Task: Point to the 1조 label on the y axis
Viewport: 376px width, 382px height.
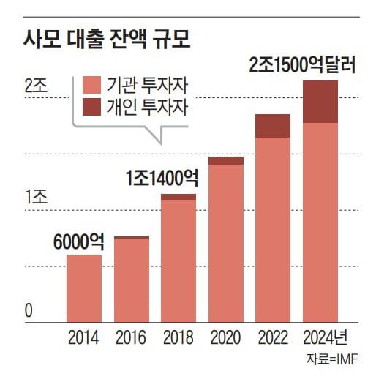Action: click(35, 196)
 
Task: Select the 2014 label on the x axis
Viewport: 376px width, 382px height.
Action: click(83, 338)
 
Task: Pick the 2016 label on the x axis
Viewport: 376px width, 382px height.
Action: click(131, 338)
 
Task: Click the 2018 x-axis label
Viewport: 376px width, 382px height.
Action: click(178, 338)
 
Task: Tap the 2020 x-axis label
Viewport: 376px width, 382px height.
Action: click(225, 338)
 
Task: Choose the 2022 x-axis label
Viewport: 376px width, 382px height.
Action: click(273, 338)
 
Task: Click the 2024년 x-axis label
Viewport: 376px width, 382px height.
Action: click(324, 338)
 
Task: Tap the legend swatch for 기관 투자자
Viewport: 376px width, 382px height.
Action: click(93, 83)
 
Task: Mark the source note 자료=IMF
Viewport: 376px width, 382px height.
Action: click(331, 360)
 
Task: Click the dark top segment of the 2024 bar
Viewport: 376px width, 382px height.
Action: click(320, 102)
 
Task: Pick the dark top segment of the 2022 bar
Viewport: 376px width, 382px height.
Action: click(273, 126)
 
